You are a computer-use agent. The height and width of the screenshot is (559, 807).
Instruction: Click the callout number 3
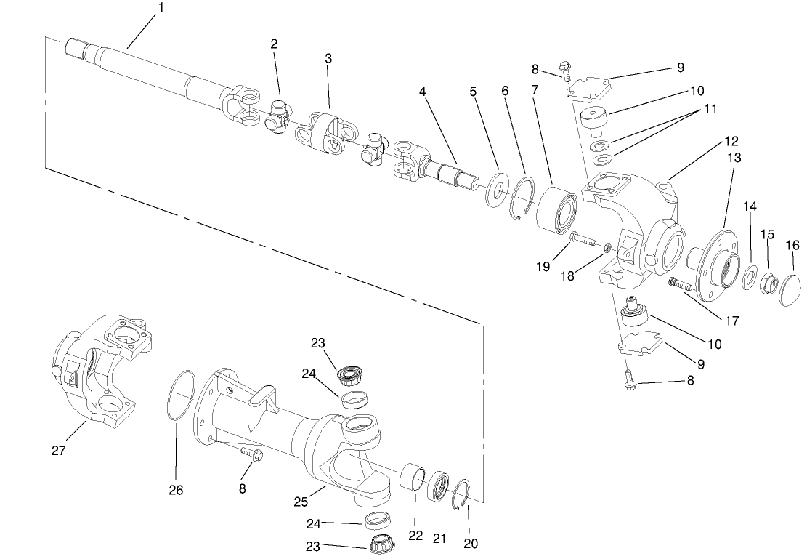point(328,58)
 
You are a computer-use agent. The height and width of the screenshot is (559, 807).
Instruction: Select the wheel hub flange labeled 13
point(715,251)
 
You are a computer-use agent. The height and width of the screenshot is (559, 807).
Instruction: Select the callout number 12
point(730,140)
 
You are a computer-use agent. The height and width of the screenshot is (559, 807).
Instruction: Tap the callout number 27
point(59,451)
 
